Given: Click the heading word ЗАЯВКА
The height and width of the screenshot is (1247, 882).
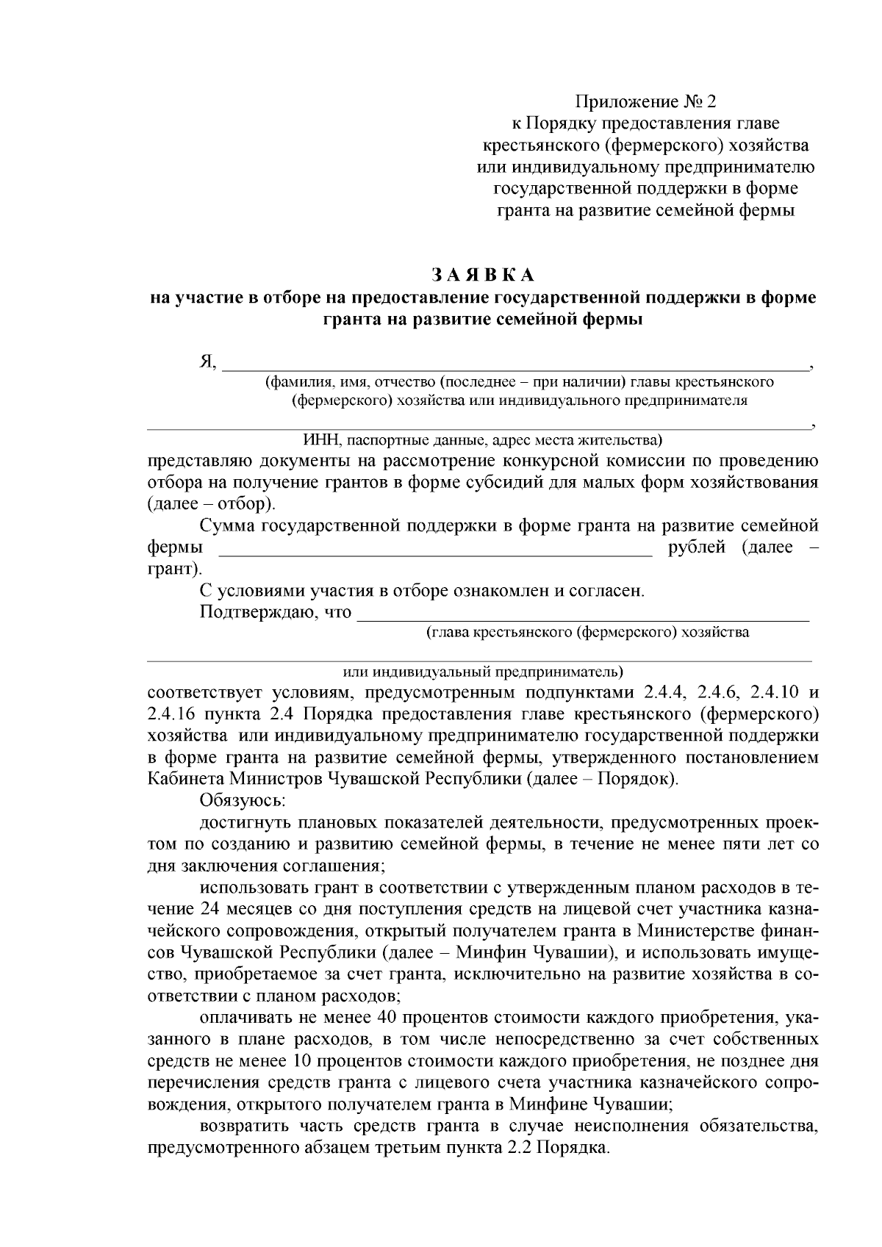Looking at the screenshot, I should pos(483,275).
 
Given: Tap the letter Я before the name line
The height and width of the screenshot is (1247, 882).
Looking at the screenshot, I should pos(207,362).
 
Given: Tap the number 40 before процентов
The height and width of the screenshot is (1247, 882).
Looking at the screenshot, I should pos(389,1018).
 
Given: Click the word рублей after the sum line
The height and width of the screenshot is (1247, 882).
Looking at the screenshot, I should pos(697,548).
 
